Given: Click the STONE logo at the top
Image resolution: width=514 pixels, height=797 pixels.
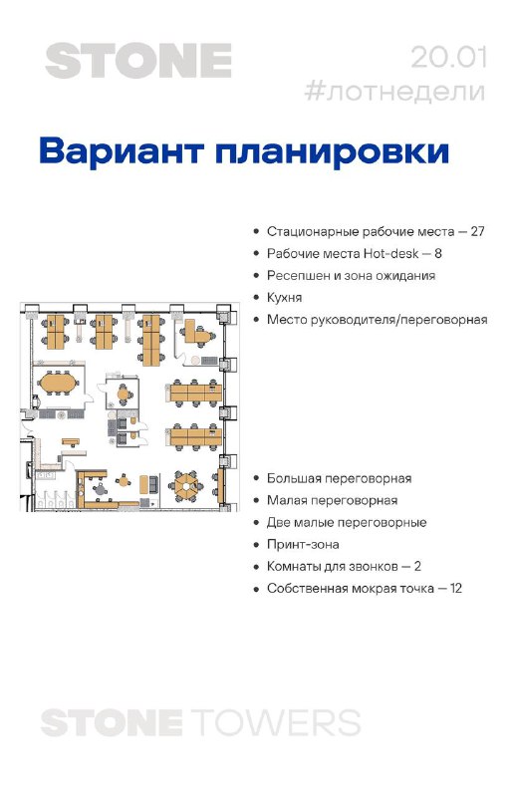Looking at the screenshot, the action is (138, 61).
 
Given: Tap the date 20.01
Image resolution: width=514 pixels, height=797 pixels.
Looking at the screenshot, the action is (448, 58).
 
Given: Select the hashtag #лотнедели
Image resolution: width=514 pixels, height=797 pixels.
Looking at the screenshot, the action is (395, 92).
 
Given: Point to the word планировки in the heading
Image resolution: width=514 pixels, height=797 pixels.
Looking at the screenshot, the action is (333, 150).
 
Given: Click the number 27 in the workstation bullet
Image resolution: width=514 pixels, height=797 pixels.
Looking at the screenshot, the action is (477, 231).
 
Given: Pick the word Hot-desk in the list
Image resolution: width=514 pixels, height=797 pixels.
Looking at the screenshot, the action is (390, 253).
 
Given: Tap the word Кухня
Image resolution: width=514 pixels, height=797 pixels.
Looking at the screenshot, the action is (284, 297).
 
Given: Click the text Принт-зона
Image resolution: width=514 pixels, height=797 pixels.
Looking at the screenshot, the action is (303, 544).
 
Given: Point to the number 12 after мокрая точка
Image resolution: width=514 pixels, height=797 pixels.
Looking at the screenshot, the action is (456, 588).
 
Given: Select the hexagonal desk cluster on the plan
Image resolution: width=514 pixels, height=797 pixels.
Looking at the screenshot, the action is (186, 483).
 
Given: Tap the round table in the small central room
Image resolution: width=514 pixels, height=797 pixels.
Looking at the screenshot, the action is (124, 394).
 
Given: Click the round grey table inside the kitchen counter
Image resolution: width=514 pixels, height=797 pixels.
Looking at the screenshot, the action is (100, 489).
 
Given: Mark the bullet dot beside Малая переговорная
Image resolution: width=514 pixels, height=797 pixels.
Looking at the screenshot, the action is (257, 501).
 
